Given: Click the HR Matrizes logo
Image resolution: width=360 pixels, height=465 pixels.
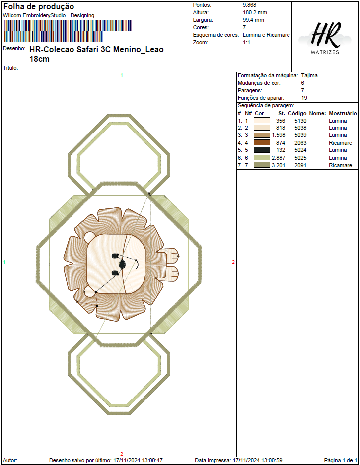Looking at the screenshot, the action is pos(325,38).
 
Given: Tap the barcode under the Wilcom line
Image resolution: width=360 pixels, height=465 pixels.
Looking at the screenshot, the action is pos(68,31).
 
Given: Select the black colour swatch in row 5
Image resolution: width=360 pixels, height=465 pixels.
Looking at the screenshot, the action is pos(262,150).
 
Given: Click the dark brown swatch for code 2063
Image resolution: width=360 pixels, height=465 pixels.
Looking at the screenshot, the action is pos(262,142).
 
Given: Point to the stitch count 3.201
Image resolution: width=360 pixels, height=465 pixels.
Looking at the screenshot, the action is pos(278,165).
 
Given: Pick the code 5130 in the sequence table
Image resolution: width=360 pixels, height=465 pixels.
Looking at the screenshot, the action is pos(300,121).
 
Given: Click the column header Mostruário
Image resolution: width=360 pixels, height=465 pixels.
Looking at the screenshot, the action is pos(343,113).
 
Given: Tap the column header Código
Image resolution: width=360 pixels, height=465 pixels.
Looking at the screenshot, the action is pos(297,113).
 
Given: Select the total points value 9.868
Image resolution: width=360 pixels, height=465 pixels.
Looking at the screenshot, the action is pos(249,5).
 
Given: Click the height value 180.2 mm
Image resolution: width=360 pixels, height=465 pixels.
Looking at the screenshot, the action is pos(255,12).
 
